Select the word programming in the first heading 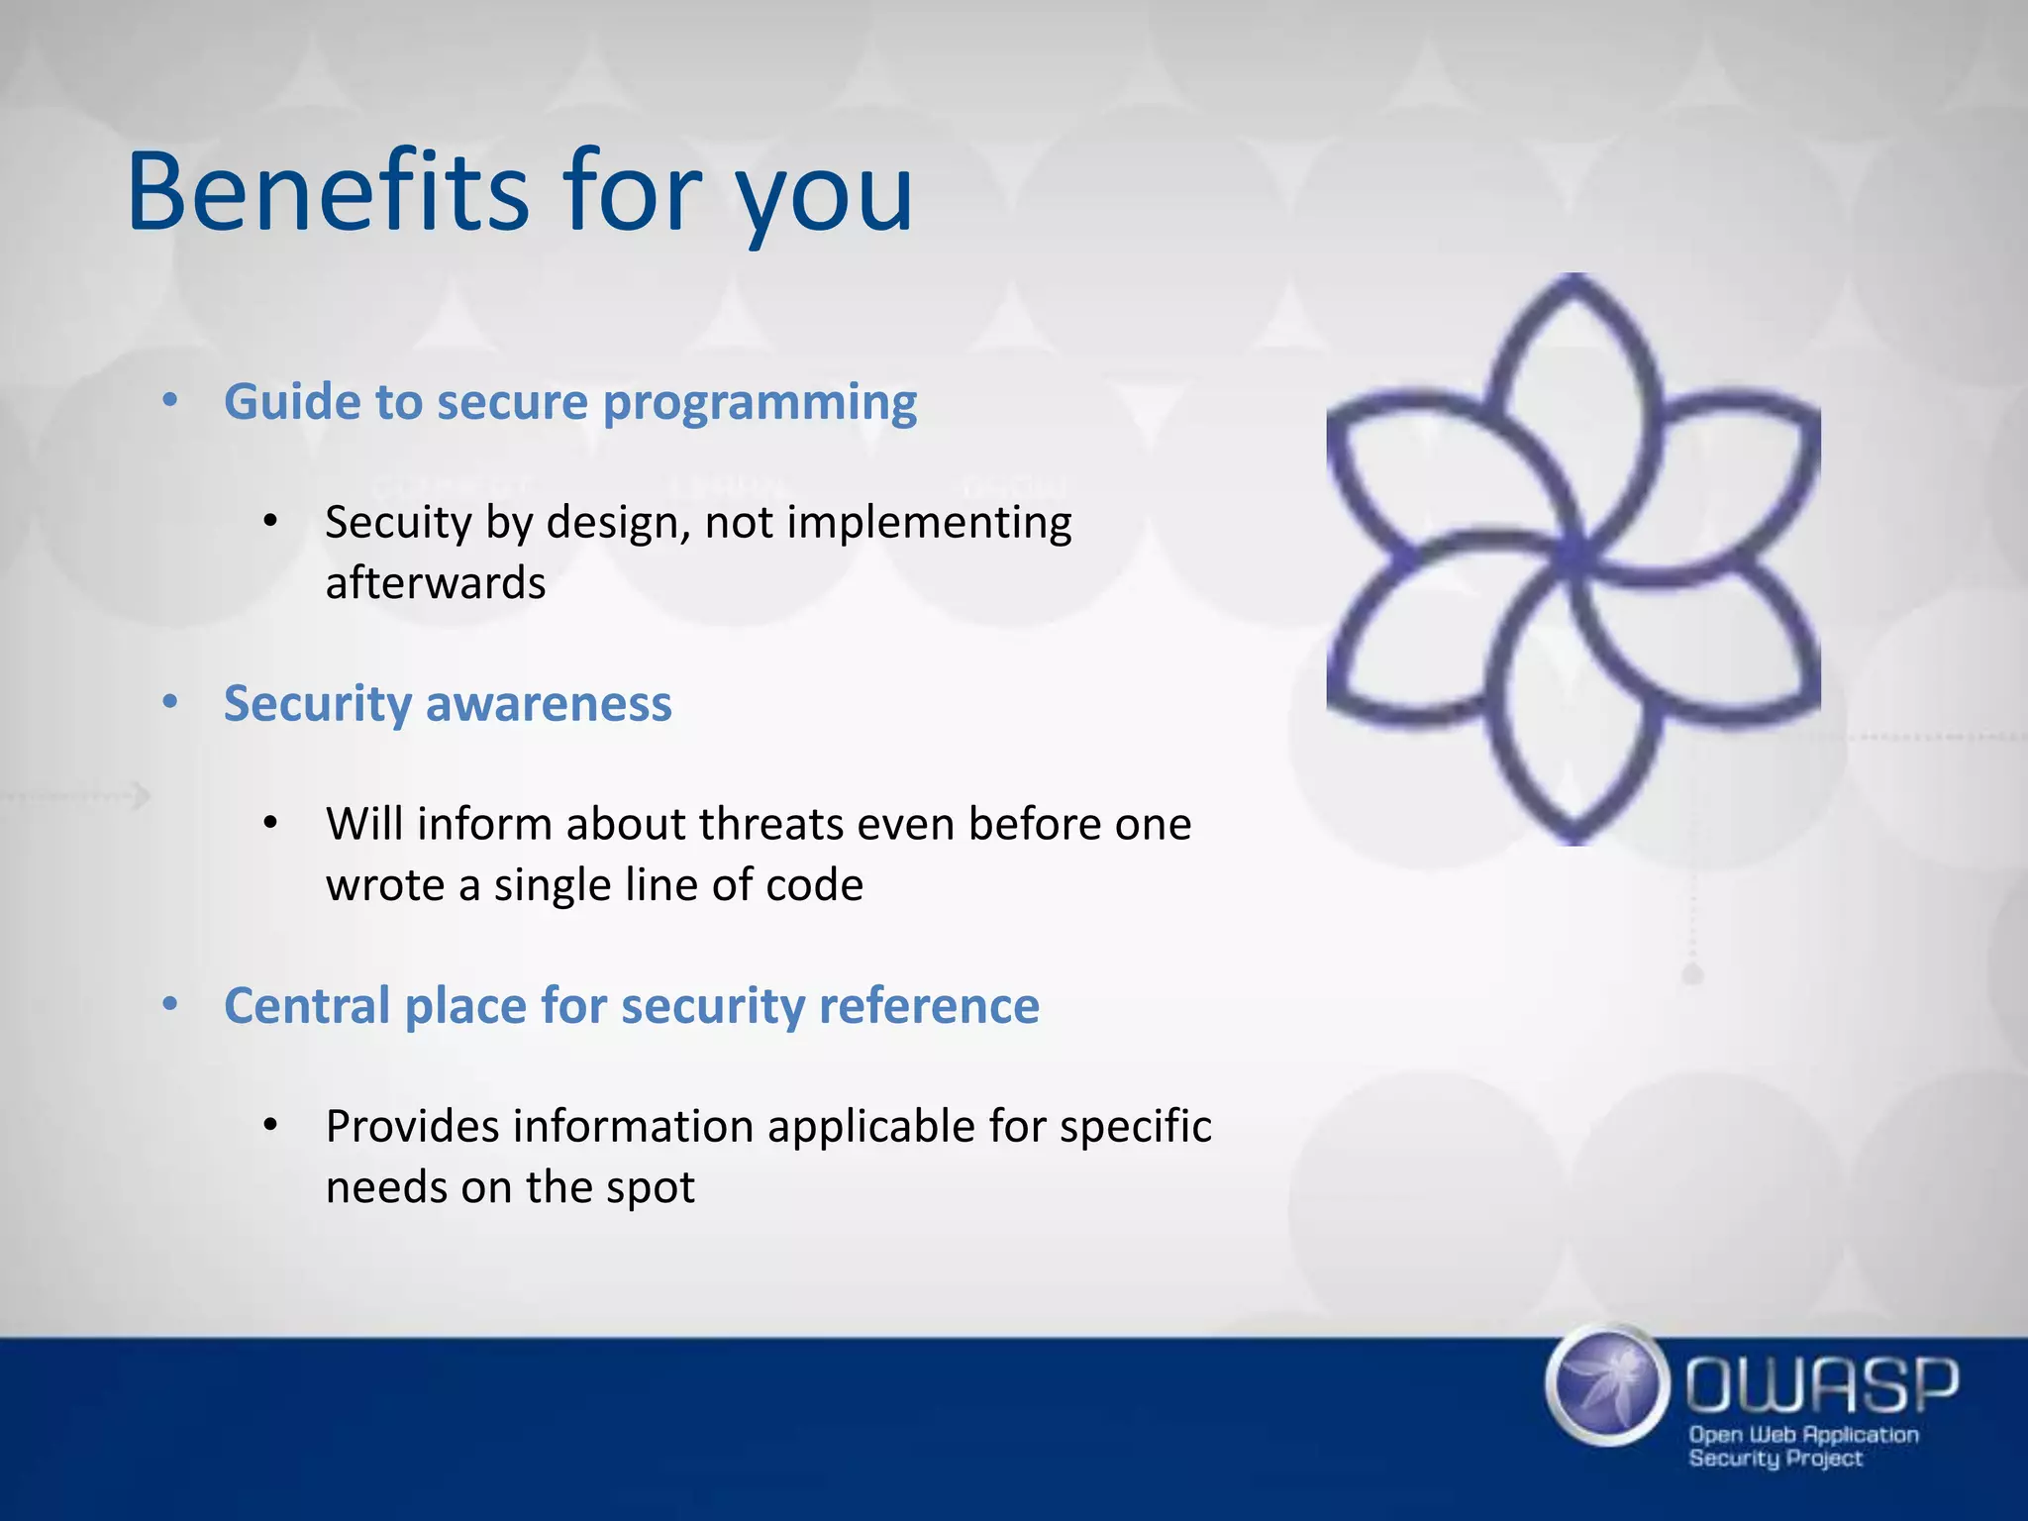point(760,404)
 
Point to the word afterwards point(436,583)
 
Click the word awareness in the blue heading point(549,704)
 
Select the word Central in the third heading point(306,1006)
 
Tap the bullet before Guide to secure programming point(170,401)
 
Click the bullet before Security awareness point(170,703)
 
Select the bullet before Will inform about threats point(270,823)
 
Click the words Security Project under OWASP point(1774,1459)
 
